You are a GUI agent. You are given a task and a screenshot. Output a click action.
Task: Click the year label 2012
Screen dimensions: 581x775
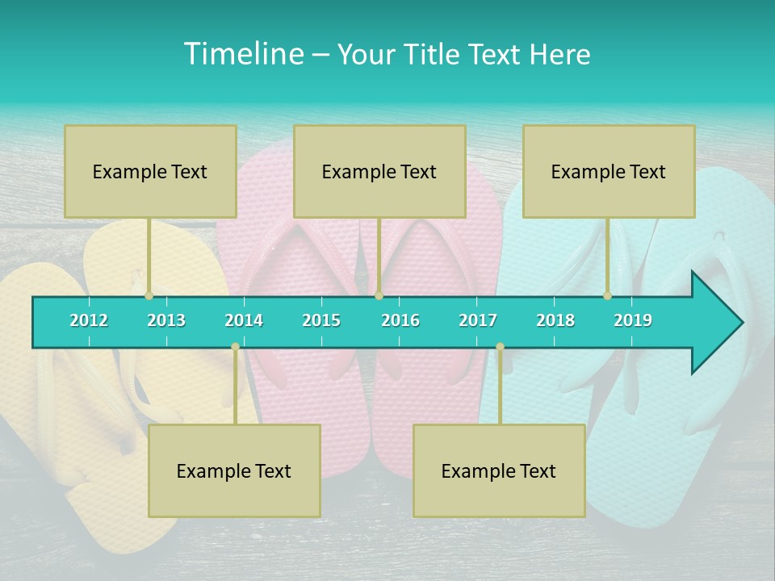[89, 320]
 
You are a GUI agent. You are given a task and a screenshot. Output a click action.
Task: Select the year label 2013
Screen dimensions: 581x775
[166, 320]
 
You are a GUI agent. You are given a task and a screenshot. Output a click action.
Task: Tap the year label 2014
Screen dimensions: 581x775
[244, 320]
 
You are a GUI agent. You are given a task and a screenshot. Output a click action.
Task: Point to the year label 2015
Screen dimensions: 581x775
[321, 320]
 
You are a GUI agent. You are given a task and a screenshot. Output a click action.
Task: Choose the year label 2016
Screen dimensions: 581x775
[400, 320]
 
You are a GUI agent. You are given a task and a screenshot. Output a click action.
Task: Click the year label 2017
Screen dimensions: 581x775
[478, 320]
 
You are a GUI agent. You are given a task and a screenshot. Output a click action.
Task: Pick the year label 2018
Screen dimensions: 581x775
[555, 320]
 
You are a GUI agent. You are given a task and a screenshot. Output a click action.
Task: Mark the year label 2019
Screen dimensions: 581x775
[633, 320]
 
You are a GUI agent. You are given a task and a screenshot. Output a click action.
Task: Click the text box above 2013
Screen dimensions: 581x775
[150, 171]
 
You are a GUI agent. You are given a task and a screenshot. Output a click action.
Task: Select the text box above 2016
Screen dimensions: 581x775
[379, 171]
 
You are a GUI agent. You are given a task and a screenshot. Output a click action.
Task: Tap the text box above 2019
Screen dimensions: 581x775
[609, 171]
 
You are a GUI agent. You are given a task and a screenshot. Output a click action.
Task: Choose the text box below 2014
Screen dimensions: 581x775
[234, 470]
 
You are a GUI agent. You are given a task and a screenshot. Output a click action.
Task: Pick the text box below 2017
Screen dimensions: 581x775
[499, 470]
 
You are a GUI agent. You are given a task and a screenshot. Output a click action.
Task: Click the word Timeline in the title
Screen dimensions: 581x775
[243, 54]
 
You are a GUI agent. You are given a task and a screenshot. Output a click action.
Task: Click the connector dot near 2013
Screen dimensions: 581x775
[149, 296]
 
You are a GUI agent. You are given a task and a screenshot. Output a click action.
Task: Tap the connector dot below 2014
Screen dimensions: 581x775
[235, 346]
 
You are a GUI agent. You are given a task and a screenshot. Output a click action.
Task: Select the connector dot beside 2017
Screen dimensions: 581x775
[500, 346]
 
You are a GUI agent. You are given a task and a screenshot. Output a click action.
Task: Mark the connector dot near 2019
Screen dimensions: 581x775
[607, 296]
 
